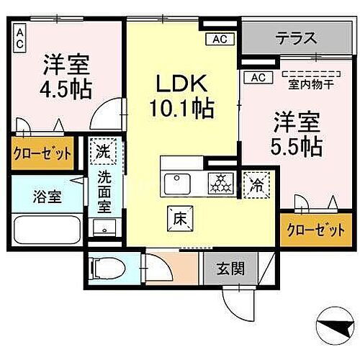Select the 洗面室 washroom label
(x=104, y=193)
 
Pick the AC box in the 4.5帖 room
(x=20, y=37)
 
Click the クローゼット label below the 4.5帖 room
(x=42, y=153)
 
